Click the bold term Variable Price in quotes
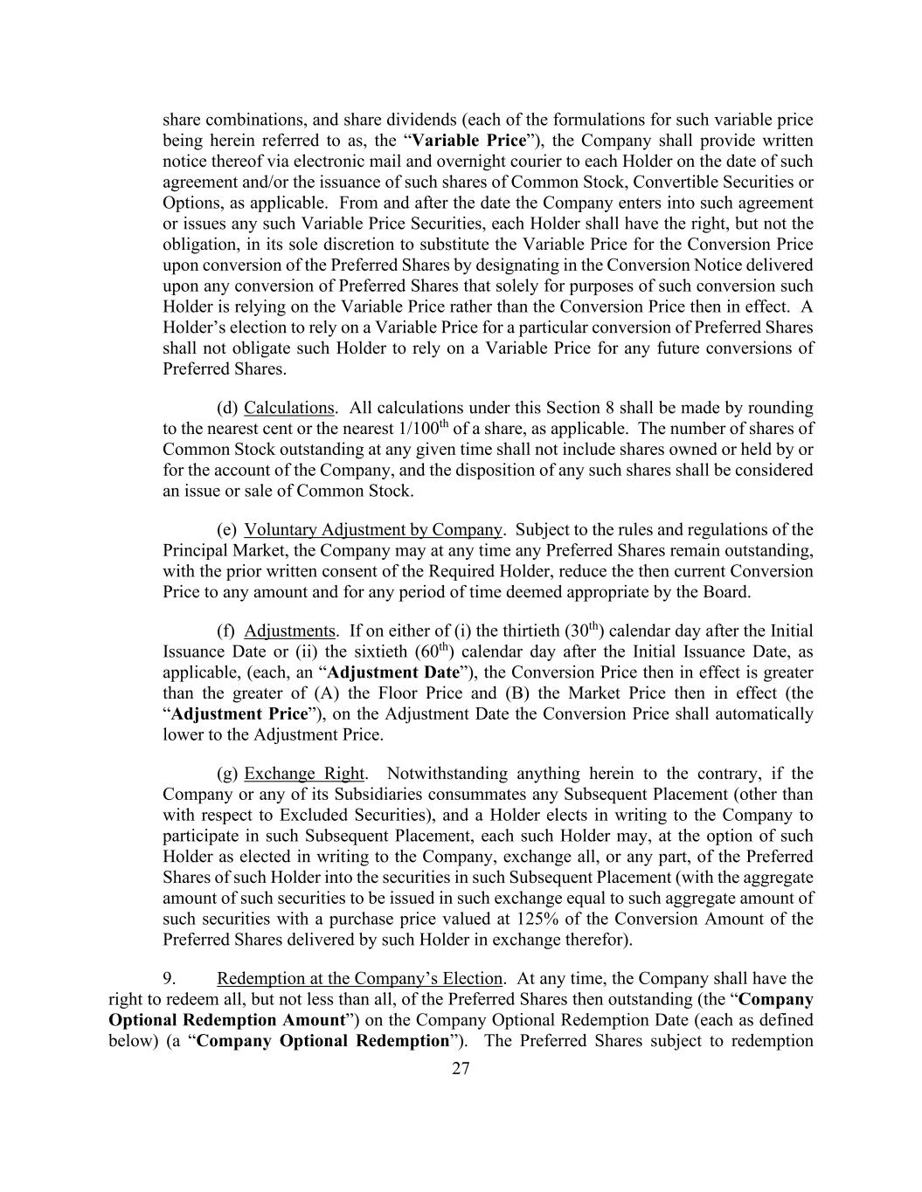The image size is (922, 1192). tap(469, 141)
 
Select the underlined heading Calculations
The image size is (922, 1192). tap(288, 408)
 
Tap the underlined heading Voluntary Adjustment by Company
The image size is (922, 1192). tap(373, 530)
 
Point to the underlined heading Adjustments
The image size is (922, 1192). tap(289, 630)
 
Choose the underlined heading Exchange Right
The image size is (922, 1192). tap(304, 774)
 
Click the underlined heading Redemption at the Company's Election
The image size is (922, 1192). tap(359, 978)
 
